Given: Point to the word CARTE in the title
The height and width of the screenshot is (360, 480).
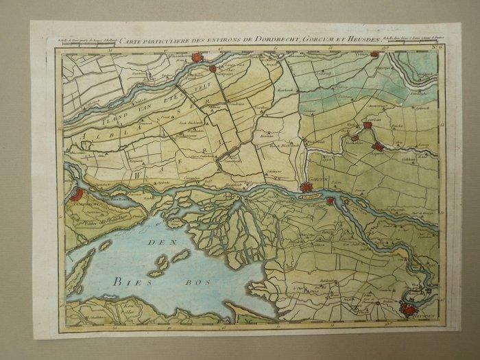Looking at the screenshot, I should pos(130,42).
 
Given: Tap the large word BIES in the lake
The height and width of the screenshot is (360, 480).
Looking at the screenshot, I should pos(125,280).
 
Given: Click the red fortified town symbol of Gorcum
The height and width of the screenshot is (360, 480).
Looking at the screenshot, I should pos(306,187).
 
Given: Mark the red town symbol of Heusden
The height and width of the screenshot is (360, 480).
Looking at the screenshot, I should pos(409,310).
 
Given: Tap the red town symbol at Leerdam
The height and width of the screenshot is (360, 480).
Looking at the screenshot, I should pos(368,125).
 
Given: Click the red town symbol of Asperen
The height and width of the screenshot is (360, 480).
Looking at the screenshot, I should pos(377,147).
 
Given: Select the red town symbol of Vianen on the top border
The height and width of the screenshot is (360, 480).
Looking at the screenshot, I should pos(374,53).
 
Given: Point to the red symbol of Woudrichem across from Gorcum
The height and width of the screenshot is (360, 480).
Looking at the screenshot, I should pos(331,201).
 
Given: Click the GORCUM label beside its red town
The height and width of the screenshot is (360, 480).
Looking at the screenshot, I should pos(320,180).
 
